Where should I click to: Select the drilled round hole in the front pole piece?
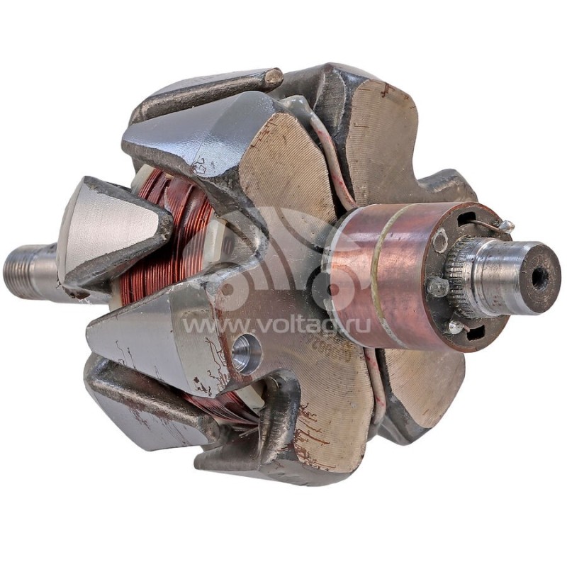[x=245, y=353]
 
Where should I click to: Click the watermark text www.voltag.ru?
[x=276, y=325]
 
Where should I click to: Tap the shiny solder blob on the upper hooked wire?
[x=507, y=227]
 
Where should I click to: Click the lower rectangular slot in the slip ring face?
[x=473, y=332]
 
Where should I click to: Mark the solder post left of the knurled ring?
[x=438, y=286]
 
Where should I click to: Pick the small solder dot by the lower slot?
[x=454, y=327]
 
